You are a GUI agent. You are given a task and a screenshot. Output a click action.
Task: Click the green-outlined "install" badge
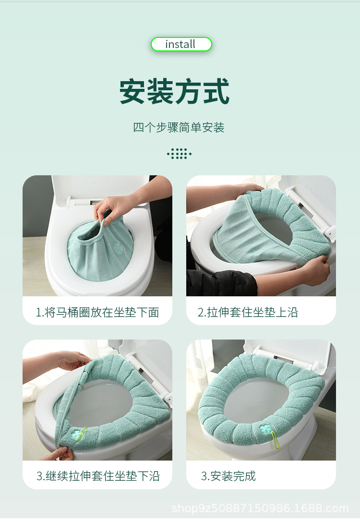181,44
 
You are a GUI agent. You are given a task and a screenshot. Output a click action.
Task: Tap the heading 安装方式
175,91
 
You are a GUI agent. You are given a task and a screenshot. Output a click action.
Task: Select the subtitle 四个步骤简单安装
179,127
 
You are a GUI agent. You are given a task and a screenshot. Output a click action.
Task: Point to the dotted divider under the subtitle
180,154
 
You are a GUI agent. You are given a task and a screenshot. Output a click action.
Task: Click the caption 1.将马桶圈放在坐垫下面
97,312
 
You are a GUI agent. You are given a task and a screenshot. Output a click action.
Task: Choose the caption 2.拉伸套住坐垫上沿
248,312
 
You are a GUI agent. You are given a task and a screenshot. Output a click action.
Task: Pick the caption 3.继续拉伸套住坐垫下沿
98,476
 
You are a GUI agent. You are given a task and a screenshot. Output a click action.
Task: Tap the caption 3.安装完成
228,476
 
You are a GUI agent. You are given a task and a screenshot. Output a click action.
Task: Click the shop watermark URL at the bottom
260,508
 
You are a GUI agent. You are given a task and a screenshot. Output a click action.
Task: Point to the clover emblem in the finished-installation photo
265,428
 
